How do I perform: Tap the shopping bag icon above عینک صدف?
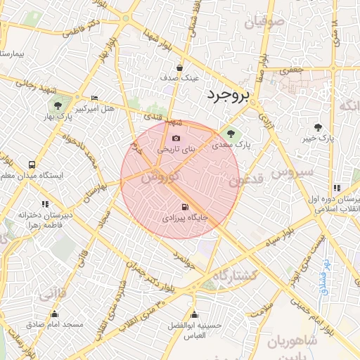point(180,68)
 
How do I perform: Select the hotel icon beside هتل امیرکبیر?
point(95,98)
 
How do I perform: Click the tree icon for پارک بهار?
point(58,105)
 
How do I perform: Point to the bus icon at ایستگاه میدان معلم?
point(31,164)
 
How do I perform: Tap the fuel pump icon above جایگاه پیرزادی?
point(185,207)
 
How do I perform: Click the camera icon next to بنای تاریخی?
point(176,138)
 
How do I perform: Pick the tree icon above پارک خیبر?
point(319,127)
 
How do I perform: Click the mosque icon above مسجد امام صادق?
point(55,314)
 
